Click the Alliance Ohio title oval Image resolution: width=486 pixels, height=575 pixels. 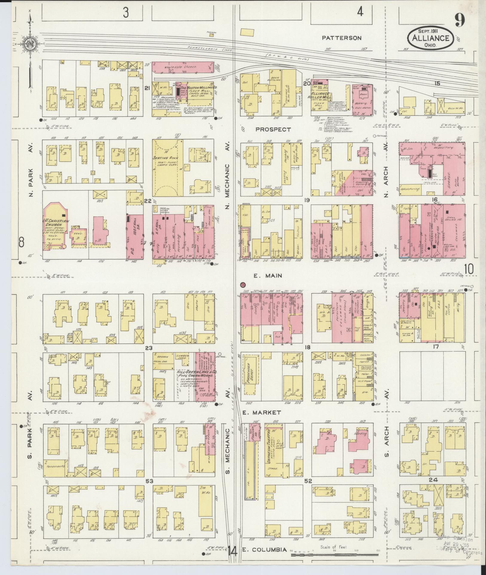click(x=430, y=38)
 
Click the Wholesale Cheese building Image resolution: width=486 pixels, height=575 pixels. click(x=183, y=67)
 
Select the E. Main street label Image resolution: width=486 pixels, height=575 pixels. click(x=267, y=276)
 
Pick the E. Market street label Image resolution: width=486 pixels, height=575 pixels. click(x=266, y=413)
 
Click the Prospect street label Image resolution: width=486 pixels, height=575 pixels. click(x=273, y=129)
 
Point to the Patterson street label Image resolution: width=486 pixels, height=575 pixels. click(x=342, y=38)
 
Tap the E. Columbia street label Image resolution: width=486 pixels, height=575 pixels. click(x=265, y=550)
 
